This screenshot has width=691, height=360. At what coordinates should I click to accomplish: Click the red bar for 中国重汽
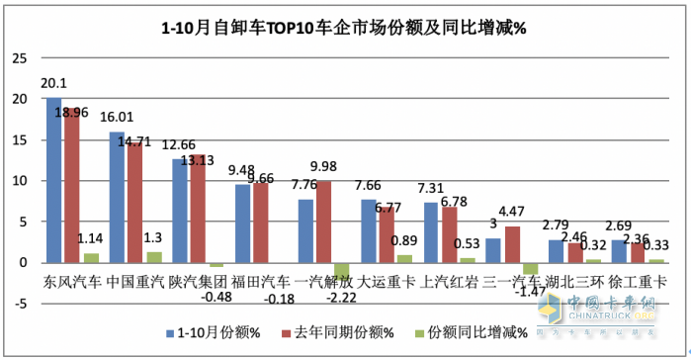click(133, 203)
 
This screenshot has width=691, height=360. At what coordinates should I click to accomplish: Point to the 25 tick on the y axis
click(18, 57)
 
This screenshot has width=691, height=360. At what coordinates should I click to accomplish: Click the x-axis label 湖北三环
click(573, 282)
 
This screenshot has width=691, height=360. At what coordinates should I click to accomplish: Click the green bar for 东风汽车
click(92, 257)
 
